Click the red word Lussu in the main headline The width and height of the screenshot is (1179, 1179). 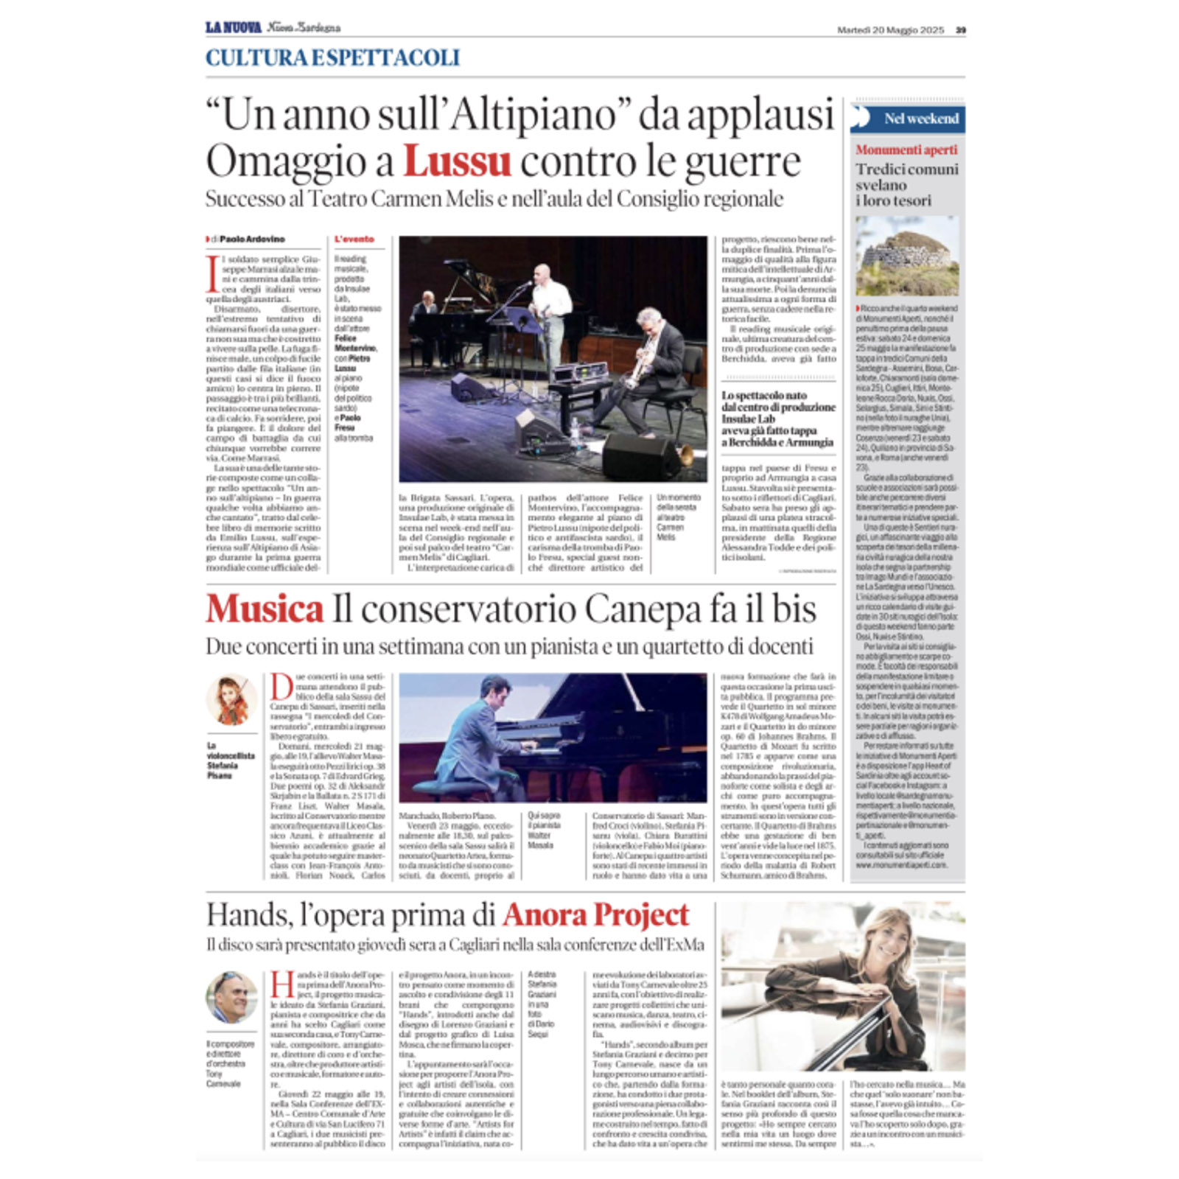point(457,161)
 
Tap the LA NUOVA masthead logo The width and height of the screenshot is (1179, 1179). point(233,28)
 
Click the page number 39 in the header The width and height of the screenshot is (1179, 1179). point(960,30)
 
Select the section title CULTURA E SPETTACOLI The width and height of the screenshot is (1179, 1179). point(332,57)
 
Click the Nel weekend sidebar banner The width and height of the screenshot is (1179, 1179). point(908,119)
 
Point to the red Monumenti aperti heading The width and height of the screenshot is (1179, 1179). point(906,150)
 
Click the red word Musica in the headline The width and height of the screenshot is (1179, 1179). point(265,609)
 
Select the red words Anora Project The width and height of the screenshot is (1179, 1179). point(595,915)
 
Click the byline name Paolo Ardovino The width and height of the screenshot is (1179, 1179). point(252,239)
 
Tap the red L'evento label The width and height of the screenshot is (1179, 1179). point(354,239)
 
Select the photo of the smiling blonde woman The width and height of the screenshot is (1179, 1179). point(842,987)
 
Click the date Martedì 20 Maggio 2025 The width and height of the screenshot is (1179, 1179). point(890,30)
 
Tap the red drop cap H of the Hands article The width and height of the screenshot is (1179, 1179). point(282,984)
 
